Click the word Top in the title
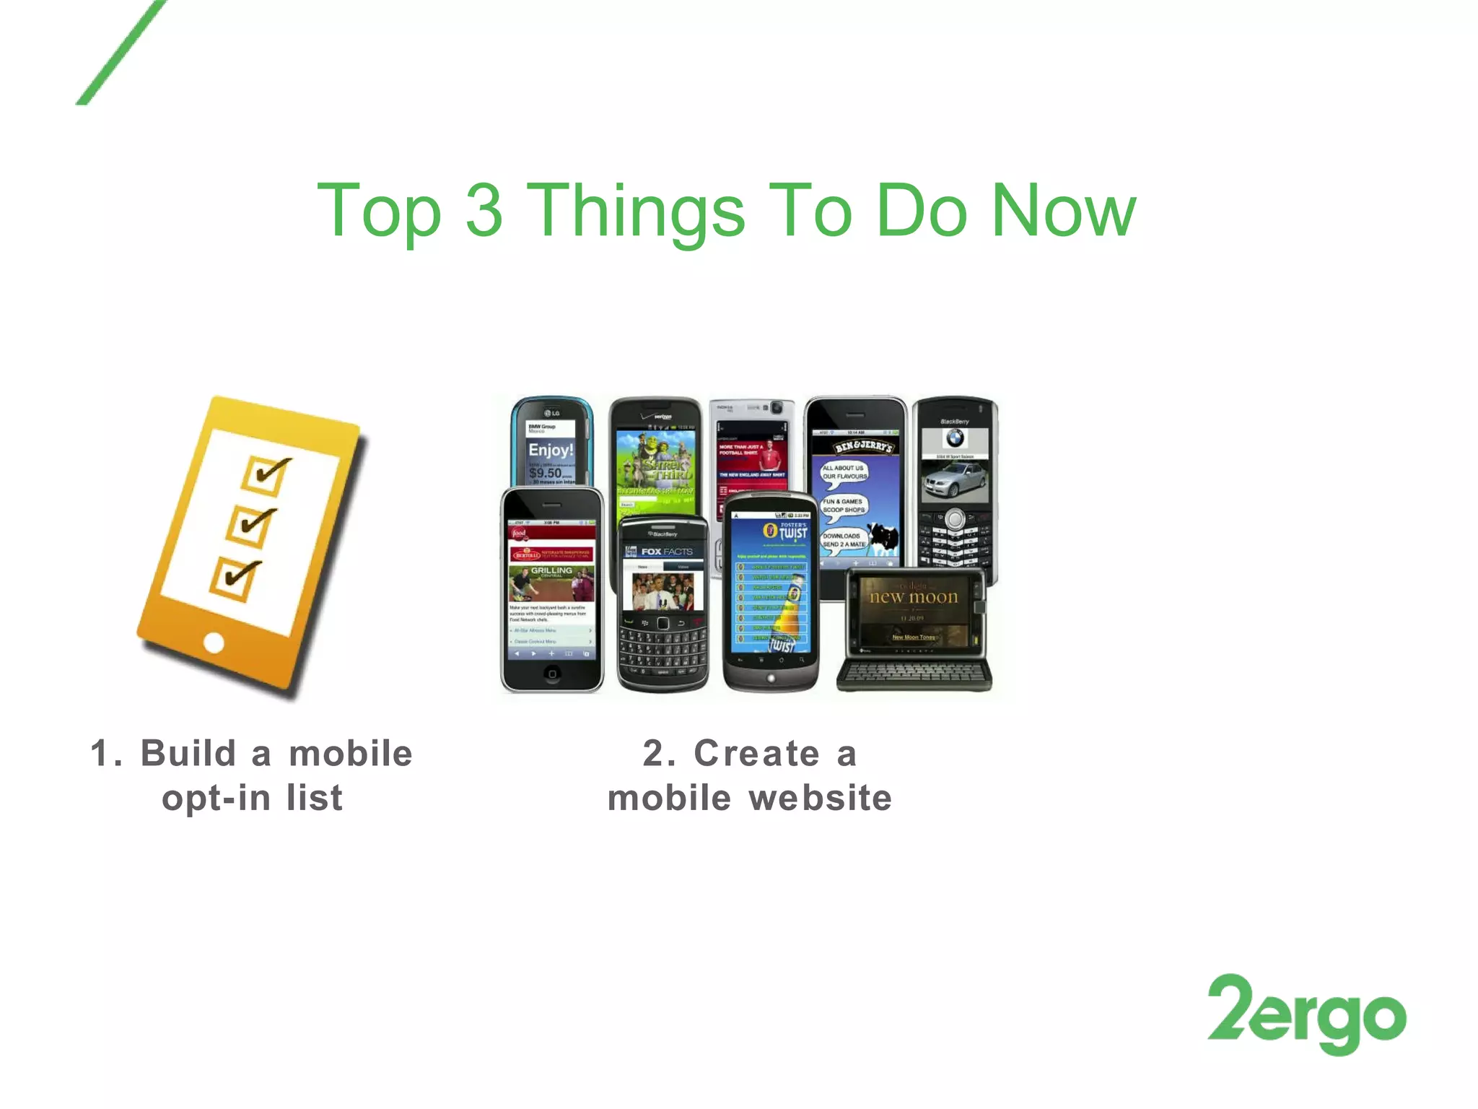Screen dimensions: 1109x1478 point(379,212)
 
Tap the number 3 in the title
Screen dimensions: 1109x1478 point(484,210)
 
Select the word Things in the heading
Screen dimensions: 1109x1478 point(636,212)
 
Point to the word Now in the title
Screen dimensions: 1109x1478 point(1064,210)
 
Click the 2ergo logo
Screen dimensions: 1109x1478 point(1306,1014)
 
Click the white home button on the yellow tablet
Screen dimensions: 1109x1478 point(214,642)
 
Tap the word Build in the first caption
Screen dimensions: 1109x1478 point(188,754)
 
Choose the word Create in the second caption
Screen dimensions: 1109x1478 point(757,754)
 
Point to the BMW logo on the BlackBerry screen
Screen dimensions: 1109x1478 point(955,438)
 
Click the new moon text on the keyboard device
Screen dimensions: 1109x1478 point(914,597)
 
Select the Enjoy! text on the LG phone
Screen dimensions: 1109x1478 point(551,450)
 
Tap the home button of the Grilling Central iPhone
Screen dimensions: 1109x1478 point(552,674)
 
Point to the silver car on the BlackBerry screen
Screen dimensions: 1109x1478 point(954,479)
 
